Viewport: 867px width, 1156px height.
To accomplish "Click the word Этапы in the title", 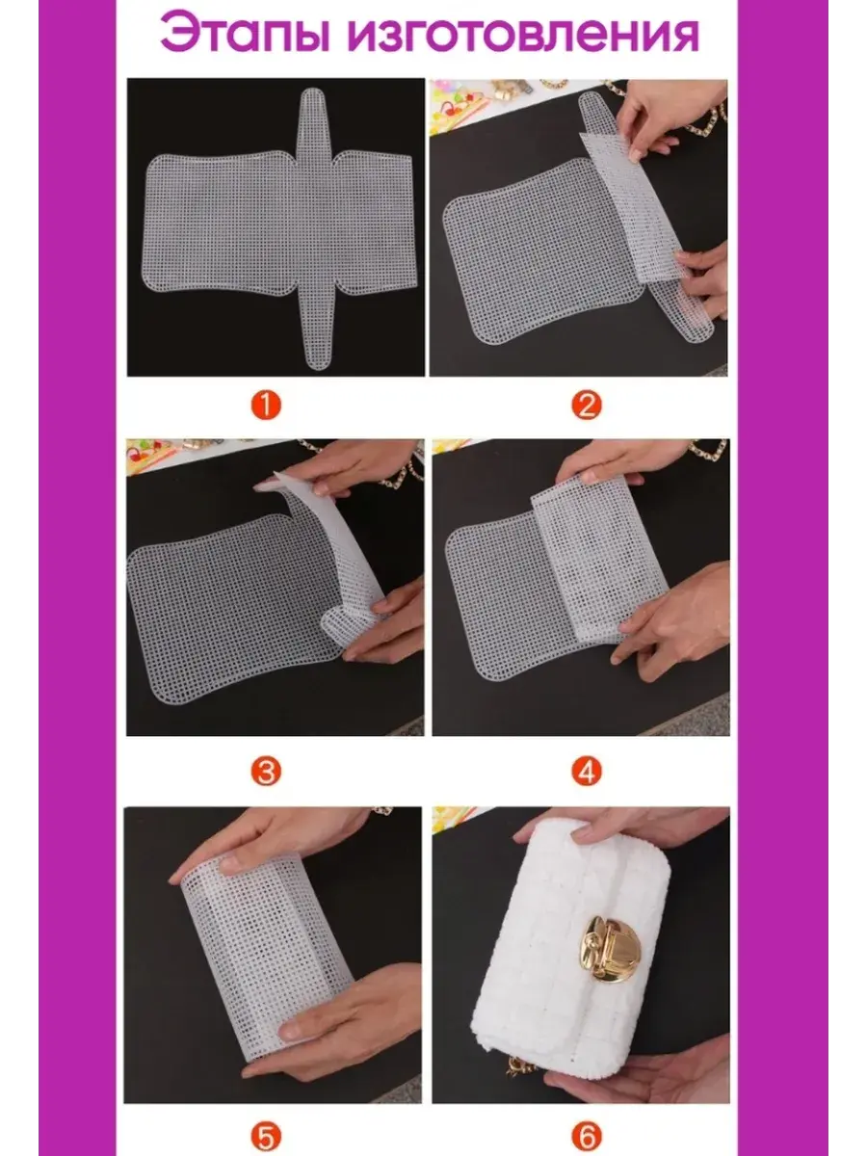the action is [245, 34].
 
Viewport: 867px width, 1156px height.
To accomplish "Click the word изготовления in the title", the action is [523, 35].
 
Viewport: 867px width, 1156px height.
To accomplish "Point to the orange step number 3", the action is [266, 772].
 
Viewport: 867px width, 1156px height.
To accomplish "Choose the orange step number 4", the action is [587, 772].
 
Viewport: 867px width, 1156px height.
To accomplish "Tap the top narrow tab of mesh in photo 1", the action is [312, 121].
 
